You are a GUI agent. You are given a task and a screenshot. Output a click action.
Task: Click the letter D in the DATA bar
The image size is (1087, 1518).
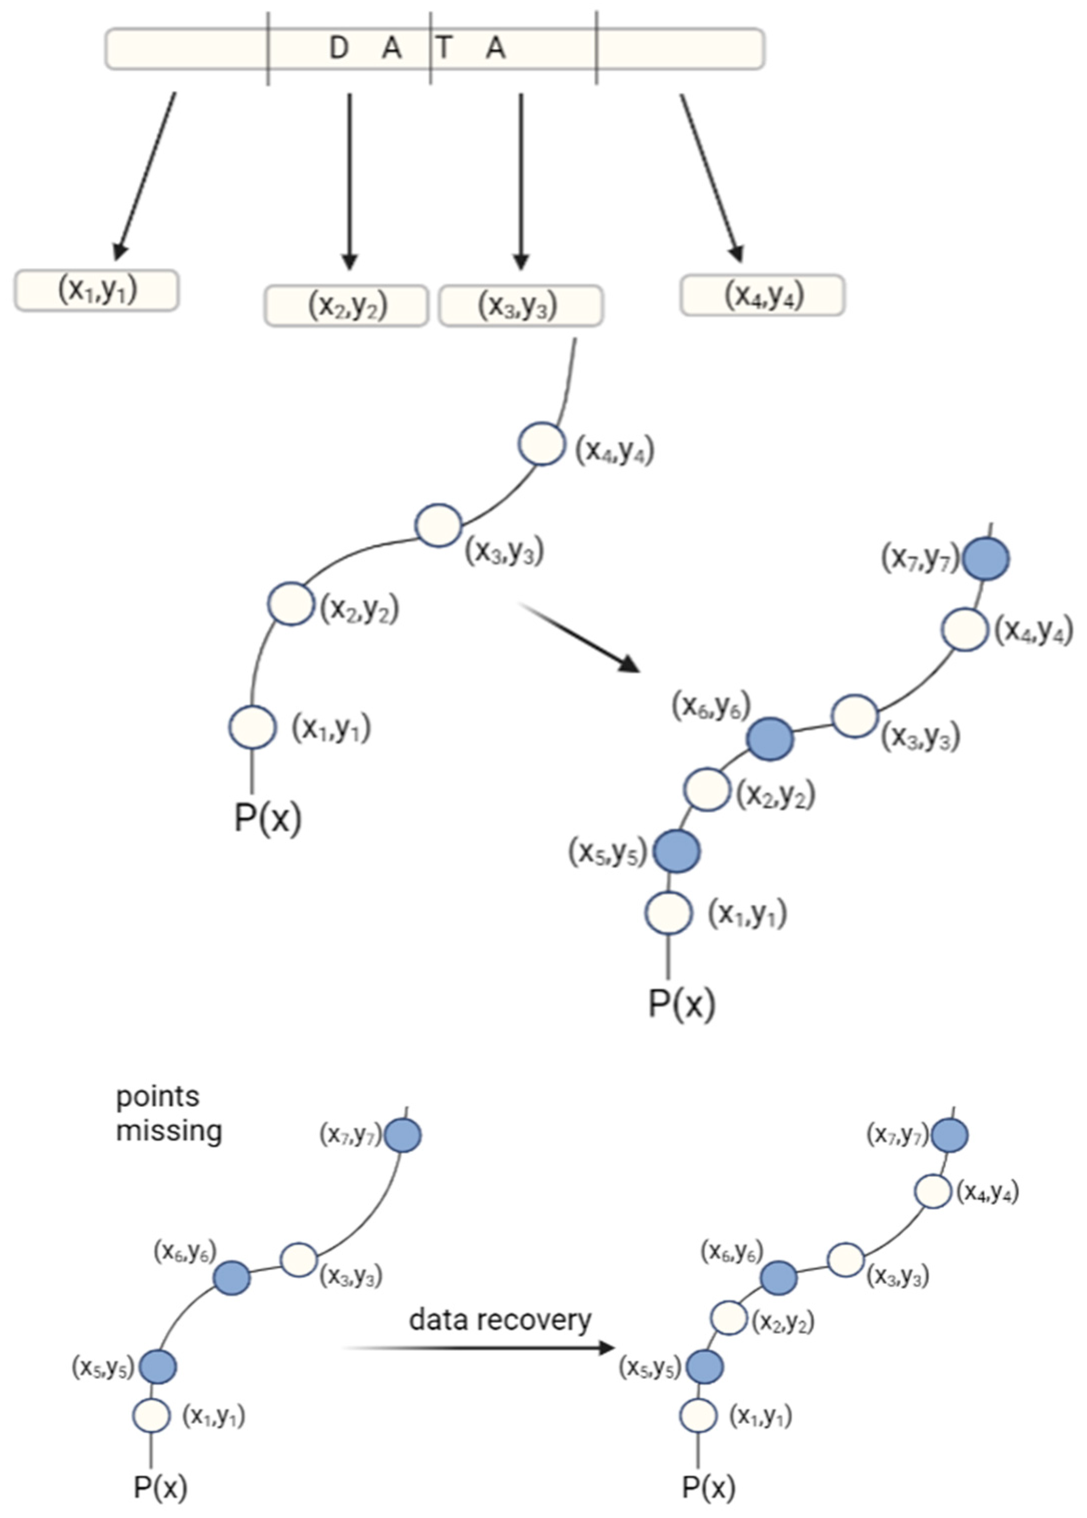(339, 48)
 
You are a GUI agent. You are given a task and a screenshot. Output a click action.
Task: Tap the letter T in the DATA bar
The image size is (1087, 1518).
(443, 48)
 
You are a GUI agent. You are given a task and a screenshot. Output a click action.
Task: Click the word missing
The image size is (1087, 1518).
(169, 1131)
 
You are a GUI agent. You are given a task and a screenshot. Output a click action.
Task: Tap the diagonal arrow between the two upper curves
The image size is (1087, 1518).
(580, 636)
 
